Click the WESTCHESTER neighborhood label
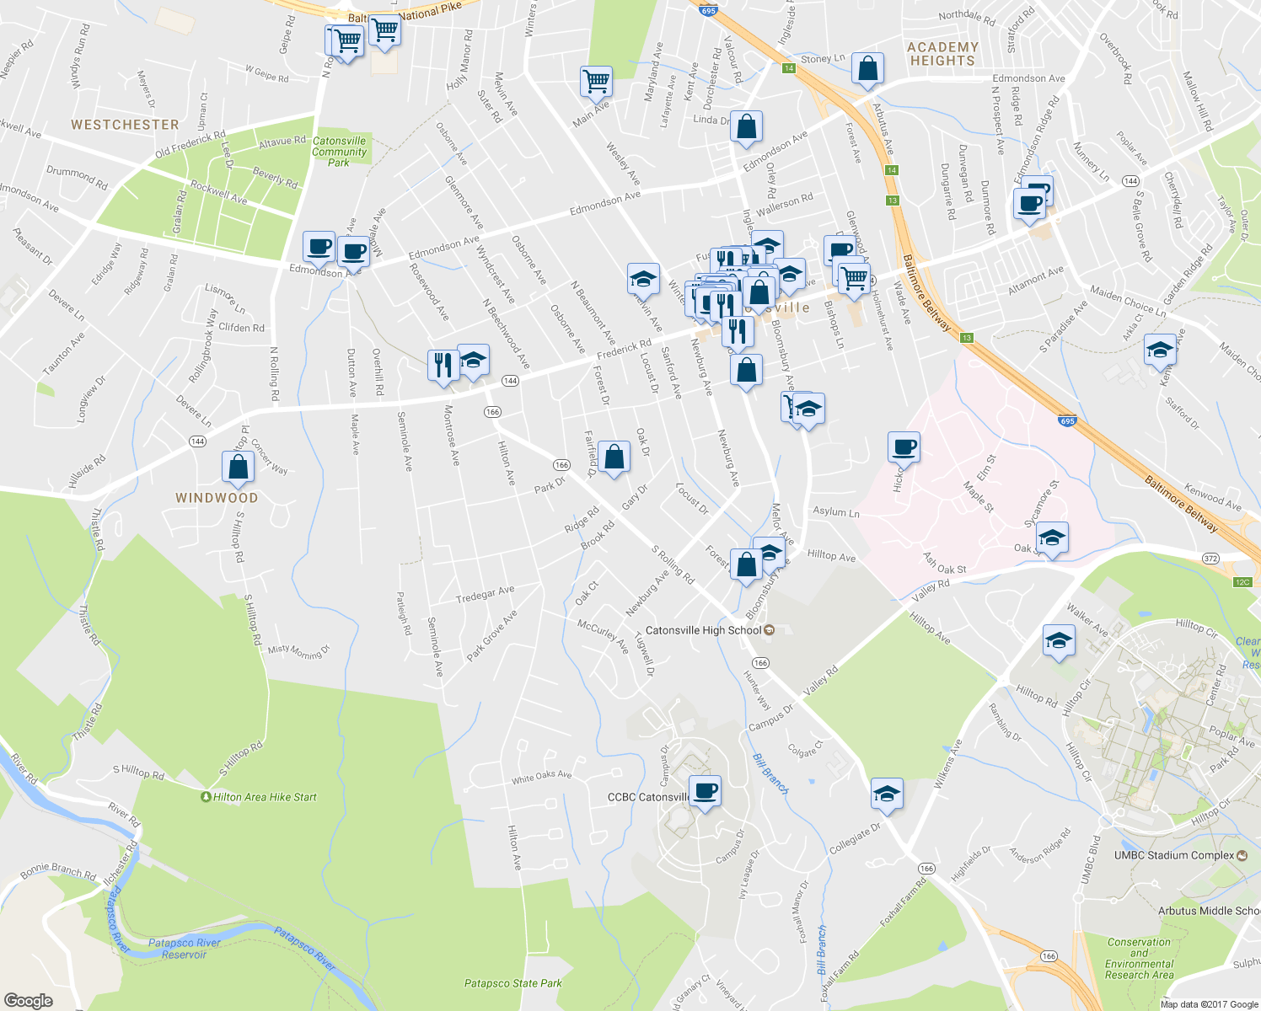tap(125, 125)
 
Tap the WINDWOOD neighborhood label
tap(217, 498)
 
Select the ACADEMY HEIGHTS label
tap(942, 54)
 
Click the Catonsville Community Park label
tap(339, 152)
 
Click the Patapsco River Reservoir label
tap(184, 949)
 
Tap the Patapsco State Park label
tap(512, 983)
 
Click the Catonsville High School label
tap(703, 630)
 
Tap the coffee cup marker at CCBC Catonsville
tap(705, 792)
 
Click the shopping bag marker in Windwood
tap(239, 468)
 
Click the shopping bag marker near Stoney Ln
tap(867, 69)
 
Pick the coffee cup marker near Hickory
tap(904, 447)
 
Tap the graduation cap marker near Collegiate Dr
tap(886, 794)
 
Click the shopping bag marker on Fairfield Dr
tap(614, 457)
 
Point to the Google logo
tap(29, 1000)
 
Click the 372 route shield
tap(1211, 559)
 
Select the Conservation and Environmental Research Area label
tap(1139, 959)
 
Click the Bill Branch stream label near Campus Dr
tap(771, 774)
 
